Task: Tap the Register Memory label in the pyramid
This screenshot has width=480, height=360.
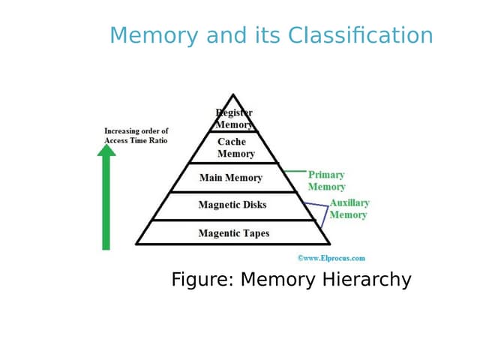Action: [x=234, y=118]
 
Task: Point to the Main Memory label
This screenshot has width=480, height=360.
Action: [x=230, y=178]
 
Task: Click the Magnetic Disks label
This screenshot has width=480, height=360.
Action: [x=232, y=205]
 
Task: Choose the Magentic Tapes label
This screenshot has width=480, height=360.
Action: [x=233, y=233]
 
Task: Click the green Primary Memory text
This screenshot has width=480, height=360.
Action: [x=326, y=181]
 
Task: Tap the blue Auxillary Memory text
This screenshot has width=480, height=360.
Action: [x=349, y=208]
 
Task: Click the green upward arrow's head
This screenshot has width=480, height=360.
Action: [x=106, y=150]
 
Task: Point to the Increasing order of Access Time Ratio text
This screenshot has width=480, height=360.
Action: [x=136, y=136]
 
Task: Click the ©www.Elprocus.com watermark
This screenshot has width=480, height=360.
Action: [x=331, y=258]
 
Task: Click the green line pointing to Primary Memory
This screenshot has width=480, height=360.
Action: [x=296, y=171]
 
